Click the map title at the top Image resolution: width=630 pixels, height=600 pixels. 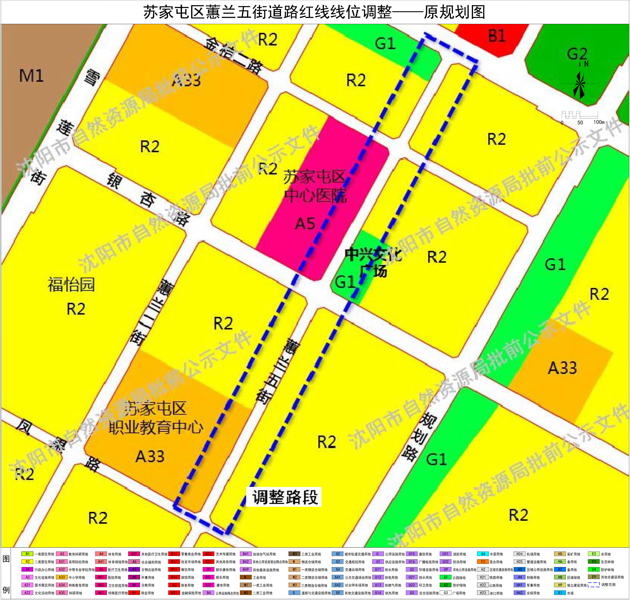(x=314, y=12)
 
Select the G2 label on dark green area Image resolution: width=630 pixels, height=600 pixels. (x=577, y=54)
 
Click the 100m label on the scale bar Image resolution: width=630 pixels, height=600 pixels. (x=599, y=122)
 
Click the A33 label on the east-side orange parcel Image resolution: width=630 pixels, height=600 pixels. (x=562, y=368)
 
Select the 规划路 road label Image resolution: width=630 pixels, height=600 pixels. (x=419, y=437)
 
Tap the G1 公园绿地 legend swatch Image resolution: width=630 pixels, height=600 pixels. (x=445, y=577)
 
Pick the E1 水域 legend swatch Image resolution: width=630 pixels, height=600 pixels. (x=560, y=593)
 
